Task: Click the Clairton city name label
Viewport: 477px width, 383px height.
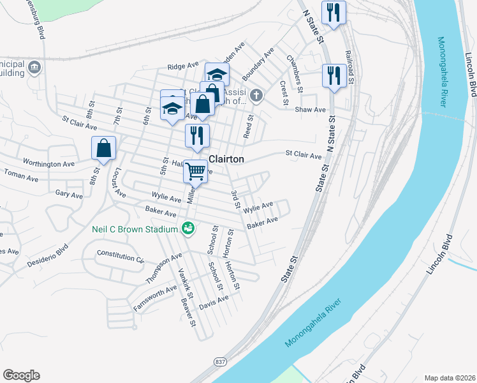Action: pos(227,159)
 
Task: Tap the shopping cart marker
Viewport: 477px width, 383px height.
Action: pos(196,170)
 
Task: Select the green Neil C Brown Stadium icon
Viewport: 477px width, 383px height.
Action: pos(187,228)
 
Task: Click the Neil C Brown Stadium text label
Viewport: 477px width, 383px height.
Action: pos(133,229)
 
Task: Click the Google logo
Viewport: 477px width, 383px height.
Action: pos(21,375)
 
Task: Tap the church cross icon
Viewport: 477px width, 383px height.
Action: pos(256,96)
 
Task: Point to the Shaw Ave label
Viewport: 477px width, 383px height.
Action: pos(311,110)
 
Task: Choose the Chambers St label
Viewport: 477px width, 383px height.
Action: pos(293,68)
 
